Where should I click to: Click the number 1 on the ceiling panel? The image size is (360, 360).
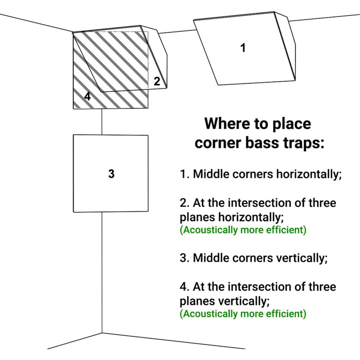[x=243, y=48]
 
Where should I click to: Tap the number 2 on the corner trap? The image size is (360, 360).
[x=157, y=81]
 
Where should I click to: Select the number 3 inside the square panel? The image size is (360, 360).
[x=112, y=174]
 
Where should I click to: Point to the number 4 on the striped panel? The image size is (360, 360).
[x=87, y=97]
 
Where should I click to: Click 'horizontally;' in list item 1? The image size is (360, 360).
[x=309, y=174]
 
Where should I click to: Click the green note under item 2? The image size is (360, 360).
[x=243, y=230]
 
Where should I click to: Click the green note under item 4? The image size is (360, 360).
[x=243, y=314]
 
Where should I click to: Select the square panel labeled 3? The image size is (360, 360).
[x=111, y=173]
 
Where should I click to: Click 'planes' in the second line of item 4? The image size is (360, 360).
[x=197, y=301]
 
